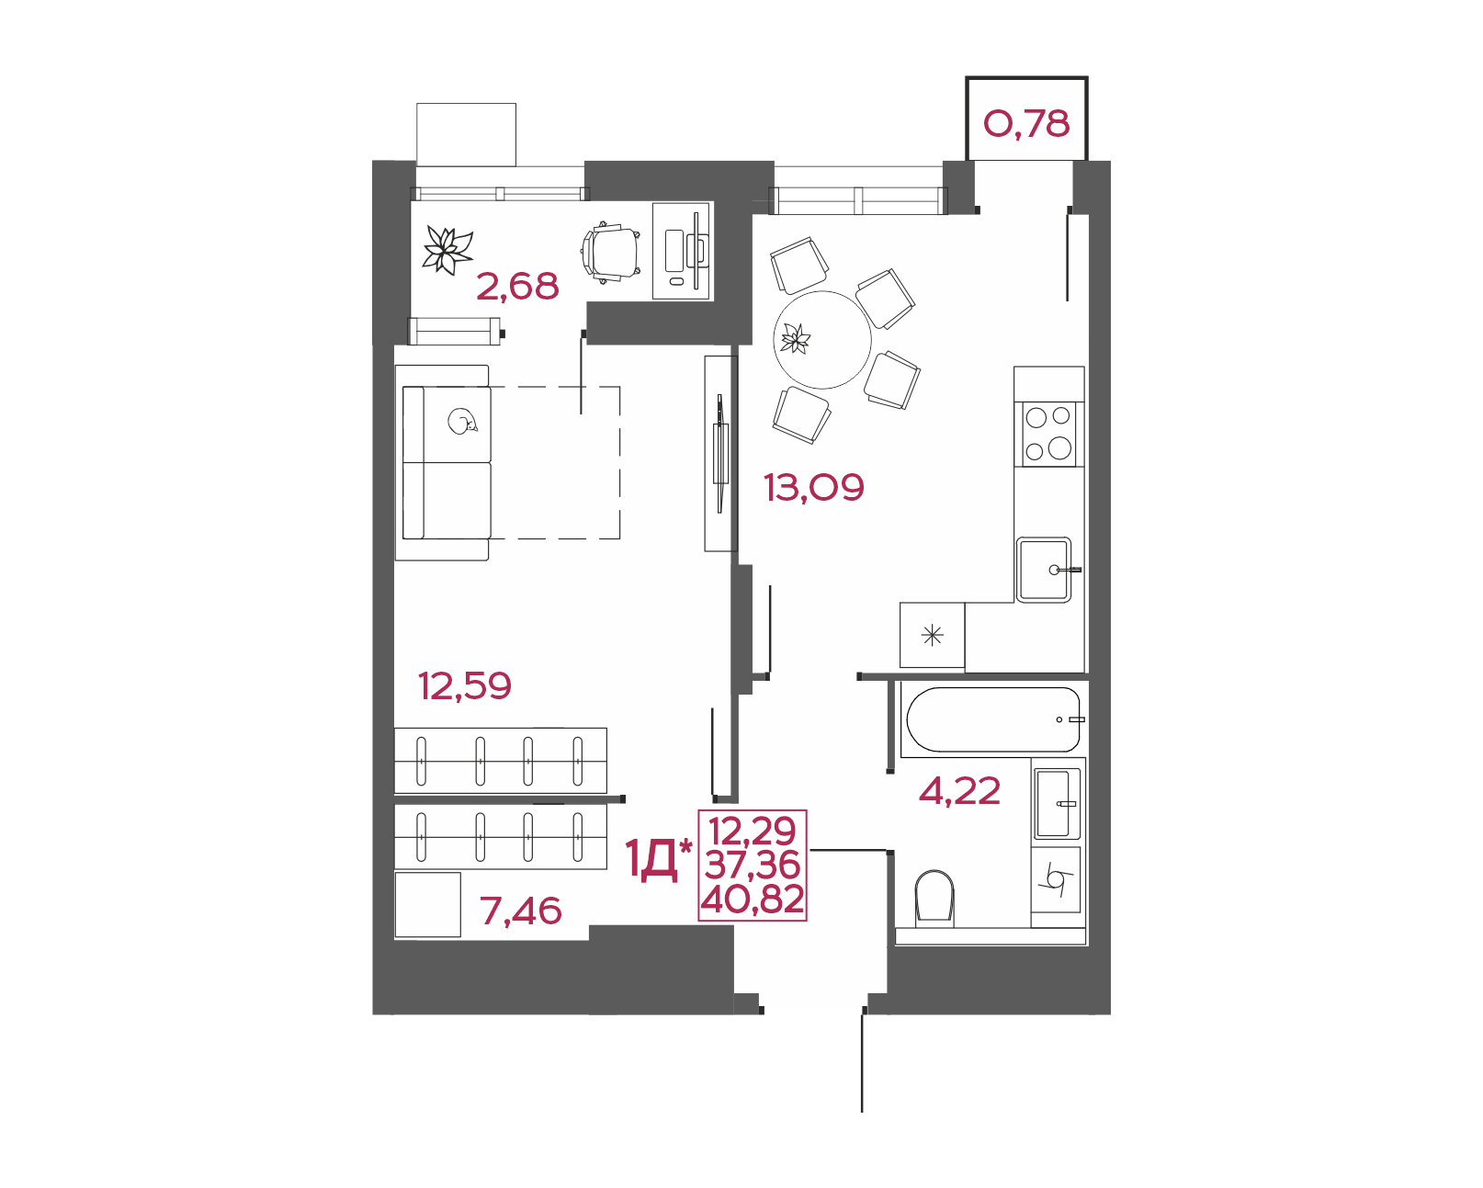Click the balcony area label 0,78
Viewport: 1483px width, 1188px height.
point(1026,124)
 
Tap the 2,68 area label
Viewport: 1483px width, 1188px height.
point(517,287)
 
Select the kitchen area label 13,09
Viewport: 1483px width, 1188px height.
point(813,487)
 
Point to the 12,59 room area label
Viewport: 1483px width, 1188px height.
point(465,685)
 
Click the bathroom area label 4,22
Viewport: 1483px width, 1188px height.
point(959,790)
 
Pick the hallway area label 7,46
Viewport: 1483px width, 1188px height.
point(521,911)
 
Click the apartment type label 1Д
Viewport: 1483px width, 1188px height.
point(651,860)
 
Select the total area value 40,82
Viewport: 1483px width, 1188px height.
point(753,899)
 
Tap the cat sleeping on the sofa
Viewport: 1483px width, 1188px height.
point(461,421)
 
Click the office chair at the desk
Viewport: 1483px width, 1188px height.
point(612,252)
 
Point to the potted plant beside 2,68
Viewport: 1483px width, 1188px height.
point(447,250)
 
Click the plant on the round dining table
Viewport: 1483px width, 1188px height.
point(796,339)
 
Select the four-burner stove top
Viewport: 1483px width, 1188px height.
point(1048,434)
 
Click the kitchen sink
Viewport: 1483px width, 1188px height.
point(1044,570)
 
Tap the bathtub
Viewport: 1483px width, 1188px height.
point(993,719)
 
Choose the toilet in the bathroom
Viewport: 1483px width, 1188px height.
point(934,897)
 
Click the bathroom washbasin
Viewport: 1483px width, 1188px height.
point(1055,803)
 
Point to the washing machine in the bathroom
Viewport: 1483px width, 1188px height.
point(1055,880)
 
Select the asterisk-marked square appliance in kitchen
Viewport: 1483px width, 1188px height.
point(932,635)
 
